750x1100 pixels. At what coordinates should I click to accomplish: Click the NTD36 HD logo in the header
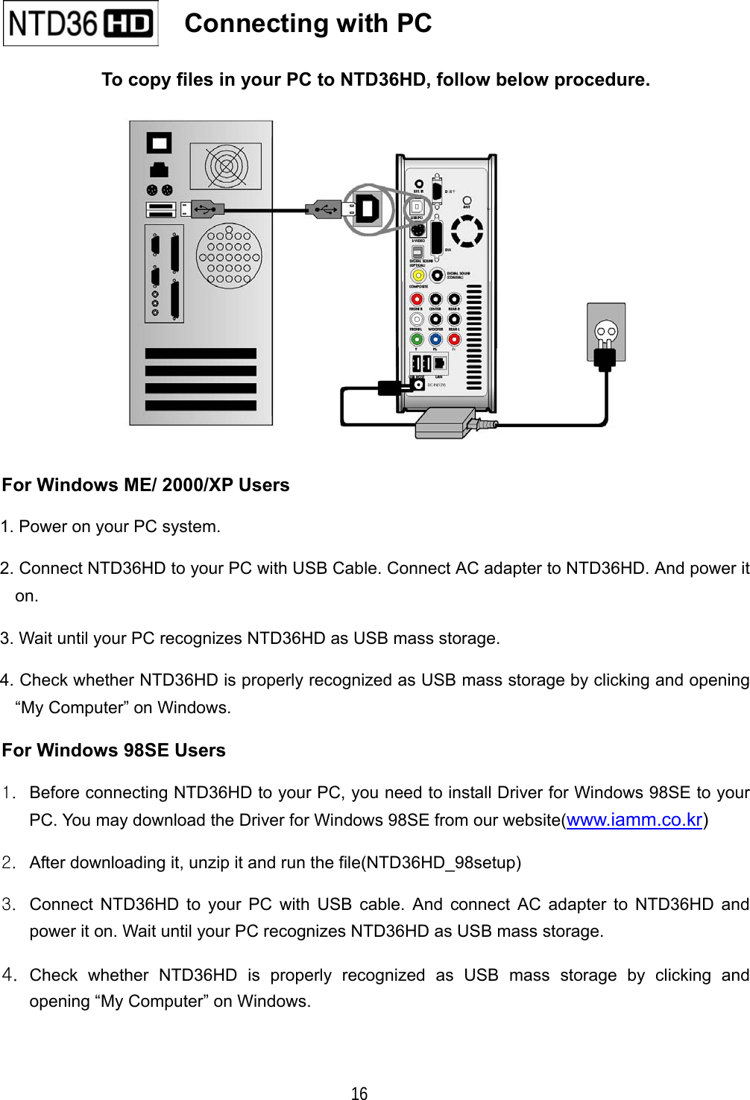[x=81, y=24]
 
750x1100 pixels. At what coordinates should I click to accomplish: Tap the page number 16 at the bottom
[x=359, y=1093]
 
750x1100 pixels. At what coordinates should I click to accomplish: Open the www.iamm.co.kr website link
[x=634, y=820]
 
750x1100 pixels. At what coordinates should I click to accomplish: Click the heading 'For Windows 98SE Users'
[x=114, y=750]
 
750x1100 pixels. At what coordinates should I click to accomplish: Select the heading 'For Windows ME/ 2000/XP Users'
[x=146, y=485]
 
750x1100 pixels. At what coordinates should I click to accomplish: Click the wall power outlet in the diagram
[x=605, y=332]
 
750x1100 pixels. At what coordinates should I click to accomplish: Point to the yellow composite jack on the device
[x=418, y=276]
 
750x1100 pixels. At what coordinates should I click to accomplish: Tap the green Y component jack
[x=417, y=340]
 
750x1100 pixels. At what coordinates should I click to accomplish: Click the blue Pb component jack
[x=435, y=340]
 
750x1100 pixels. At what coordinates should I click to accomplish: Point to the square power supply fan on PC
[x=226, y=166]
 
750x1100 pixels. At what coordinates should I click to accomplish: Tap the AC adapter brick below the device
[x=445, y=423]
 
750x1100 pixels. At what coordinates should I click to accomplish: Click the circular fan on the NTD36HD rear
[x=467, y=231]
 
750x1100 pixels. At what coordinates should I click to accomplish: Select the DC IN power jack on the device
[x=418, y=385]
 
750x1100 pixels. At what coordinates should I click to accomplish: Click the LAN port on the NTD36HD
[x=440, y=363]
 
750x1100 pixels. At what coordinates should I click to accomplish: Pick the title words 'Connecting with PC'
[x=308, y=24]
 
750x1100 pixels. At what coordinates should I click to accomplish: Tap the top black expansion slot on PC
[x=201, y=353]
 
